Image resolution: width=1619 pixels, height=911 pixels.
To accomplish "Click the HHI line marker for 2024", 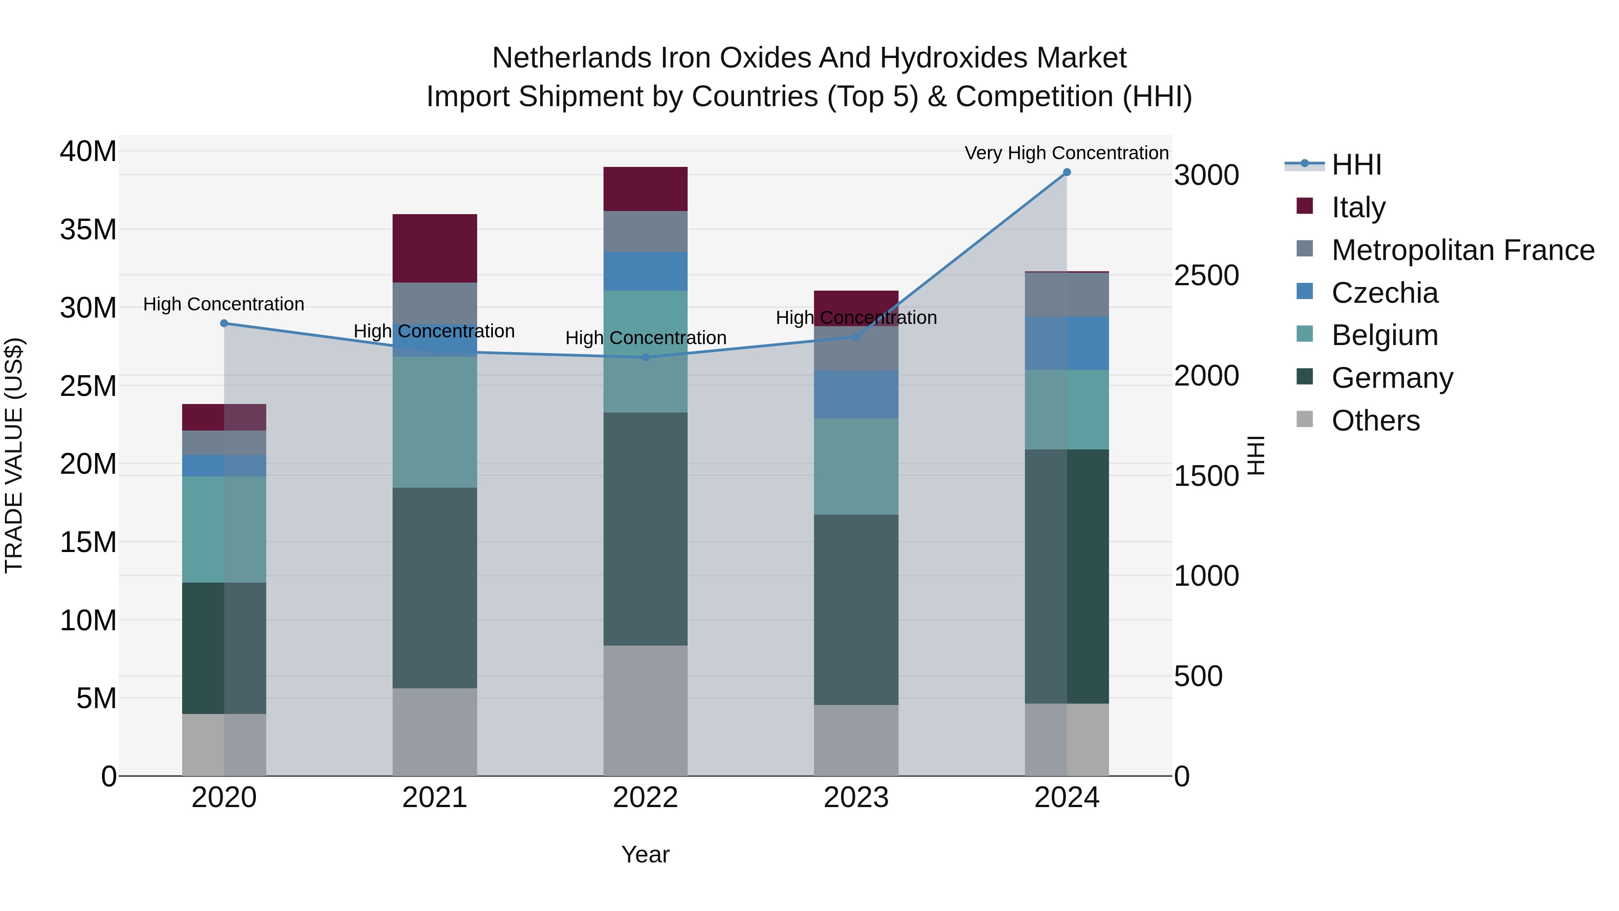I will [x=1067, y=172].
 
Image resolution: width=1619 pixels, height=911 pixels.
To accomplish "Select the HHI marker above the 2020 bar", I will [x=224, y=323].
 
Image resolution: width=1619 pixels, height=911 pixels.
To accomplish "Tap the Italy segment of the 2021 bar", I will [x=434, y=248].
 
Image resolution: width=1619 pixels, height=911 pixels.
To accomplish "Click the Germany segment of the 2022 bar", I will [x=645, y=529].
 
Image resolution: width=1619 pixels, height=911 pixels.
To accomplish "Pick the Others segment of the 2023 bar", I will [x=855, y=740].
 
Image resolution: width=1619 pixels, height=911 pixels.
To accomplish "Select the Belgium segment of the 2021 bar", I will [x=434, y=422].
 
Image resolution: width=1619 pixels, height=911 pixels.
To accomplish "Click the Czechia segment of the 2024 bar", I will [x=1067, y=343].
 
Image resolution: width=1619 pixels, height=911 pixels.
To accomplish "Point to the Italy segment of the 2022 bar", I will [x=645, y=188].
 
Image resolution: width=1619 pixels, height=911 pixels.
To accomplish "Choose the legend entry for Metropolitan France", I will [x=1462, y=250].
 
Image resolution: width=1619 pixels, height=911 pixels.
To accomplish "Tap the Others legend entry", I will [x=1375, y=421].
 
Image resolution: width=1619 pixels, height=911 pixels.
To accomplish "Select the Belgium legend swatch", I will [x=1305, y=334].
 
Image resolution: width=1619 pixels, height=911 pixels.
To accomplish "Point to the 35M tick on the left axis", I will [x=88, y=229].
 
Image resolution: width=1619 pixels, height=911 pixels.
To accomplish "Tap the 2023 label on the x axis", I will [x=855, y=798].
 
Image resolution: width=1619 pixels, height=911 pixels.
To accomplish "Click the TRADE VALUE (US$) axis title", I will [x=14, y=455].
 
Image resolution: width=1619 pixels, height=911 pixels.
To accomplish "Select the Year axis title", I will [x=645, y=854].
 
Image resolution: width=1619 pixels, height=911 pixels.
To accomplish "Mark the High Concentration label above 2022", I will [x=645, y=337].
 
